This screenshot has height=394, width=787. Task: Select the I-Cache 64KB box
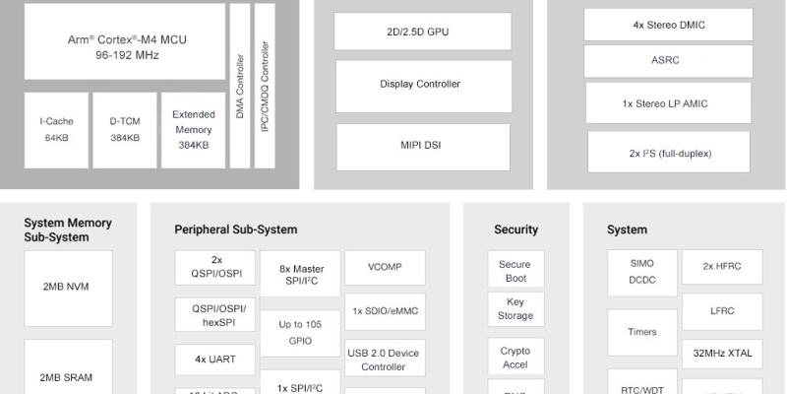(x=56, y=130)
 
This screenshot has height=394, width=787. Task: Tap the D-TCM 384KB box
(x=124, y=130)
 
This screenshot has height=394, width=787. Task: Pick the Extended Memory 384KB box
(x=193, y=130)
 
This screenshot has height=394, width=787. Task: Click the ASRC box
(x=665, y=61)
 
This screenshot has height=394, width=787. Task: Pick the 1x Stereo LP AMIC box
(x=665, y=103)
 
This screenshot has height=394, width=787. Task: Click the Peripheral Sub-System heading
(x=235, y=230)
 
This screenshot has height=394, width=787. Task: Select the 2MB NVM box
(x=68, y=287)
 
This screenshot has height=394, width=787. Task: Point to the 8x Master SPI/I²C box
(x=301, y=275)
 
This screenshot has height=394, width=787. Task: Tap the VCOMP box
(x=385, y=267)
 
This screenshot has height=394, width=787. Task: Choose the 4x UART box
(x=213, y=359)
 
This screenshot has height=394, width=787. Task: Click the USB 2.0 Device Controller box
(x=384, y=360)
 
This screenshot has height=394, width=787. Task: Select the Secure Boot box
(x=515, y=271)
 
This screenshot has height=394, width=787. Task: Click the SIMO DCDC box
(x=641, y=272)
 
